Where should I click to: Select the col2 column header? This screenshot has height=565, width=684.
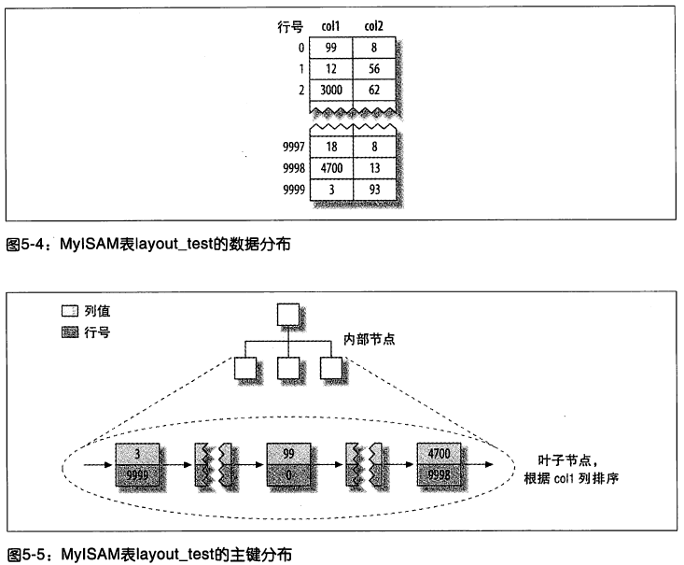pyautogui.click(x=373, y=28)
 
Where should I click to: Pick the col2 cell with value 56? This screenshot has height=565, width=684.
pyautogui.click(x=373, y=71)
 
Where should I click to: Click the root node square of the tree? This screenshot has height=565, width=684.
pyautogui.click(x=287, y=315)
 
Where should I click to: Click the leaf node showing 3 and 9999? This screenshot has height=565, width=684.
pyautogui.click(x=139, y=462)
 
